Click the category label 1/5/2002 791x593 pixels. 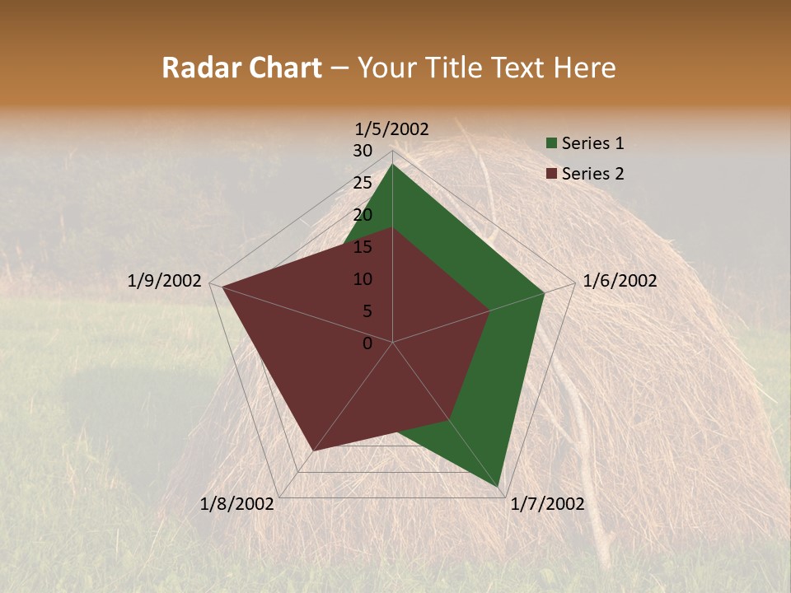point(392,128)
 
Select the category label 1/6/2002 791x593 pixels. point(620,281)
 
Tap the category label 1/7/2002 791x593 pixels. point(547,504)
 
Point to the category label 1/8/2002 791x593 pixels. point(237,504)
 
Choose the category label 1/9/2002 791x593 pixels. point(165,281)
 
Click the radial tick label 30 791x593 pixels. point(363,151)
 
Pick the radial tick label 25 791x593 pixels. point(363,183)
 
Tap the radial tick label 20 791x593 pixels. point(363,215)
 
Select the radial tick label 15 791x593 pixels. point(363,247)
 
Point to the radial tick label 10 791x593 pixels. point(363,279)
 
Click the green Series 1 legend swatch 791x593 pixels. point(551,144)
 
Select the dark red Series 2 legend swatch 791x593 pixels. point(551,174)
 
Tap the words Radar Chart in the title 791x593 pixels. point(241,68)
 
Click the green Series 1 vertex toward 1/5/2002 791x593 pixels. point(392,165)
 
